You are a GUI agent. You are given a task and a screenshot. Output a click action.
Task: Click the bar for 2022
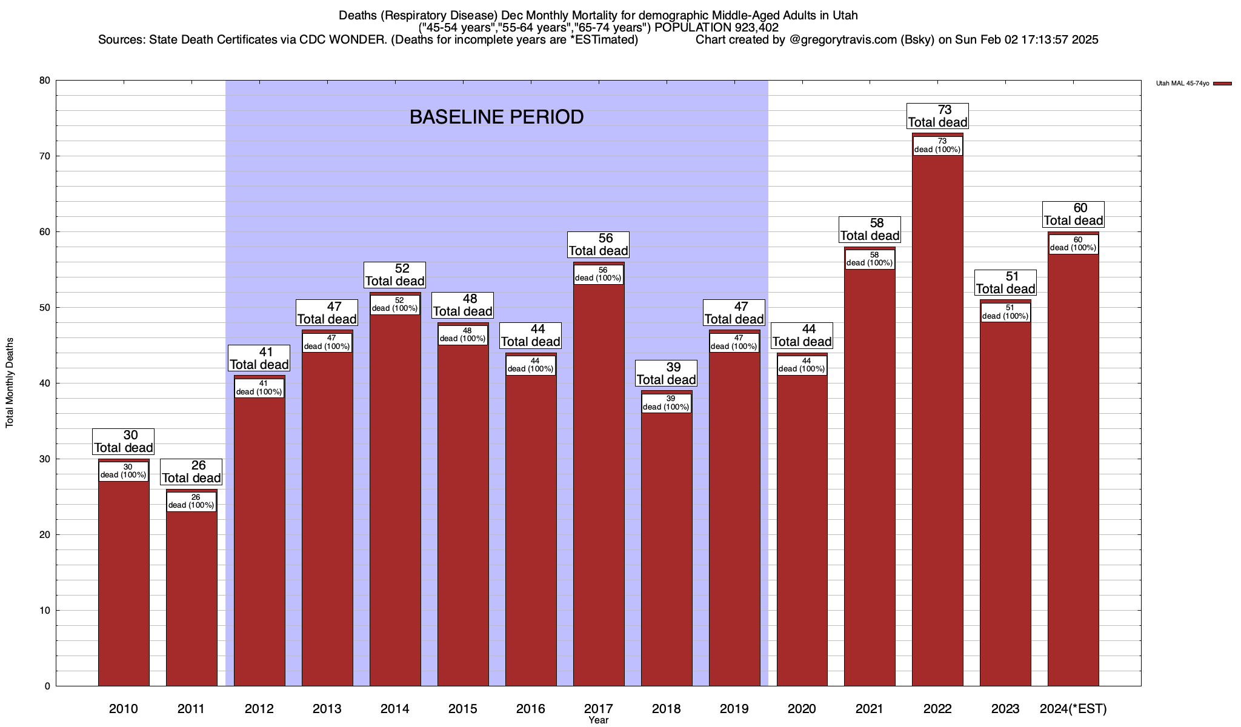[937, 424]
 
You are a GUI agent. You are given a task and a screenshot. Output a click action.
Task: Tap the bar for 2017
[599, 485]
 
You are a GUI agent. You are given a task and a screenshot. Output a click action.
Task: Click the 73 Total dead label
[937, 116]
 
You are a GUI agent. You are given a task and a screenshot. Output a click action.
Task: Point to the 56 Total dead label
[599, 244]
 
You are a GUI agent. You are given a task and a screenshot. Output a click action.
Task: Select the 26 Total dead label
[191, 471]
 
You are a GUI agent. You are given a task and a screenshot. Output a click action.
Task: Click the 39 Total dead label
[667, 373]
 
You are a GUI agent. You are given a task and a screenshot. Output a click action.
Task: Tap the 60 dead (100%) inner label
[1073, 244]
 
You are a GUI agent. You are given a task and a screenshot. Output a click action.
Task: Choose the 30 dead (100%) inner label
[124, 471]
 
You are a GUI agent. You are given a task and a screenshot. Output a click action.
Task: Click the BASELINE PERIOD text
[496, 117]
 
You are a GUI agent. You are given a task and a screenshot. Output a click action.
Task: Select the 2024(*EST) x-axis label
[1073, 709]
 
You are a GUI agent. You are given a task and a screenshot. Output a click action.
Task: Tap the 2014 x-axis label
[395, 709]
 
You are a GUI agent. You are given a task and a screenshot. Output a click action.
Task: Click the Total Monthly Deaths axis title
[10, 383]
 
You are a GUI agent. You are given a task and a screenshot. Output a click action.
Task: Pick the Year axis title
[598, 720]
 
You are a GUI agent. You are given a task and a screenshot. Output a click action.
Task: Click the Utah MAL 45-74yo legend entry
[1182, 83]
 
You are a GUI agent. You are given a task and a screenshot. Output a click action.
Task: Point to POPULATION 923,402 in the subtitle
[717, 28]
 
